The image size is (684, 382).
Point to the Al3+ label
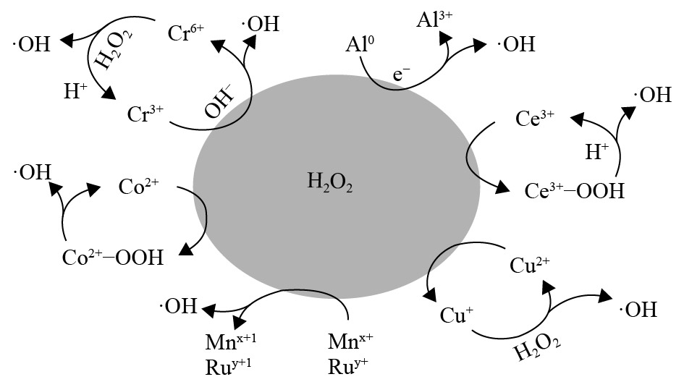(x=434, y=20)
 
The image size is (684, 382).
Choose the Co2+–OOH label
(x=111, y=257)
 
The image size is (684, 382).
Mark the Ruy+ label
(x=350, y=366)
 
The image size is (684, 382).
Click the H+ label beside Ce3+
(x=596, y=152)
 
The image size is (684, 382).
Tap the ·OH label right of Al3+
(x=517, y=45)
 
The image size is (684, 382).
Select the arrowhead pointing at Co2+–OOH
(x=186, y=250)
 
